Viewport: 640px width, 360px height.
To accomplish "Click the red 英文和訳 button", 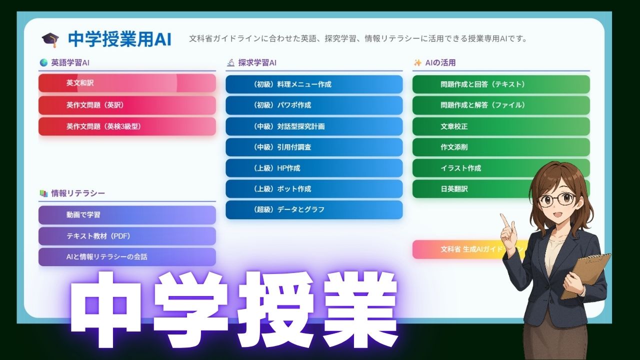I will point(127,83).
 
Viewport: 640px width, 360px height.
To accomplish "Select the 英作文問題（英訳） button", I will point(127,105).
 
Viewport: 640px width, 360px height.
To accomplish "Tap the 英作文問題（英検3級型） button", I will point(127,126).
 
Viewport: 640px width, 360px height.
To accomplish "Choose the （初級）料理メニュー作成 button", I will point(314,84).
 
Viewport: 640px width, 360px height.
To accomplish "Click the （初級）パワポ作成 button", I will point(314,105).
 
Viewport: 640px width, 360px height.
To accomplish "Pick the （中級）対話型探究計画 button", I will point(314,126).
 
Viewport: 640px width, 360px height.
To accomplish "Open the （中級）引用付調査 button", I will point(314,147).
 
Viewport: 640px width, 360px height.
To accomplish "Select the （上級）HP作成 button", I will point(314,168).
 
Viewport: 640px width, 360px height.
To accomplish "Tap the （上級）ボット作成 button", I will point(314,189).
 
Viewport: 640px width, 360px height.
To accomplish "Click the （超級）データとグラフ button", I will point(314,210).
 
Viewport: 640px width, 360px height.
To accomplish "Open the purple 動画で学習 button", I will point(127,215).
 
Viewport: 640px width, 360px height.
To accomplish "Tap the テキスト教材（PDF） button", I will point(127,236).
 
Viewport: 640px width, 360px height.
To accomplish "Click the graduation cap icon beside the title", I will point(50,39).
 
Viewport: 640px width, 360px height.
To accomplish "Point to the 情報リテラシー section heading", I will point(77,193).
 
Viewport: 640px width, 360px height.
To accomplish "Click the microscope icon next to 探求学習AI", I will point(230,63).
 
